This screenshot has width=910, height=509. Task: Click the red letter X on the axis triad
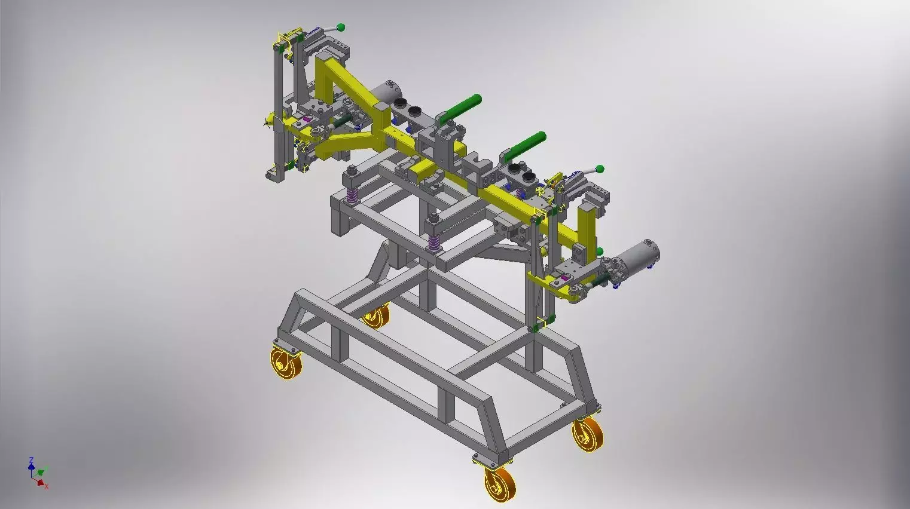(x=46, y=487)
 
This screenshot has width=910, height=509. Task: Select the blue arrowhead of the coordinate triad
(x=31, y=466)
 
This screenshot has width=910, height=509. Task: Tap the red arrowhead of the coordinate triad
(x=40, y=482)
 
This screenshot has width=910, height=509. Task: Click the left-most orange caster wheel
(x=286, y=363)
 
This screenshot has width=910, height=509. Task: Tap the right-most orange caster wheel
(x=587, y=435)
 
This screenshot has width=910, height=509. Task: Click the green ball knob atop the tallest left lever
(x=341, y=27)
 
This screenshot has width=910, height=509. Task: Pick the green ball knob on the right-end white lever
(x=600, y=170)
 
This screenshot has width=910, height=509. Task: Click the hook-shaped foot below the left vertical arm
(x=276, y=174)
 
